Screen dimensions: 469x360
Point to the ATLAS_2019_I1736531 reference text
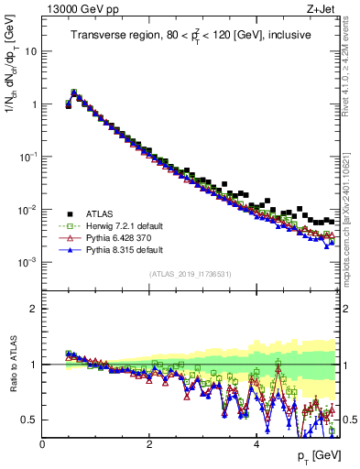(x=191, y=274)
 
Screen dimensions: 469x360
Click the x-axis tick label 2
(x=149, y=444)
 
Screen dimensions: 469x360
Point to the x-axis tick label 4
(x=256, y=444)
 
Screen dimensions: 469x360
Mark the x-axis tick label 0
(x=42, y=444)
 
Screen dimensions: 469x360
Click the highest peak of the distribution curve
(x=74, y=92)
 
